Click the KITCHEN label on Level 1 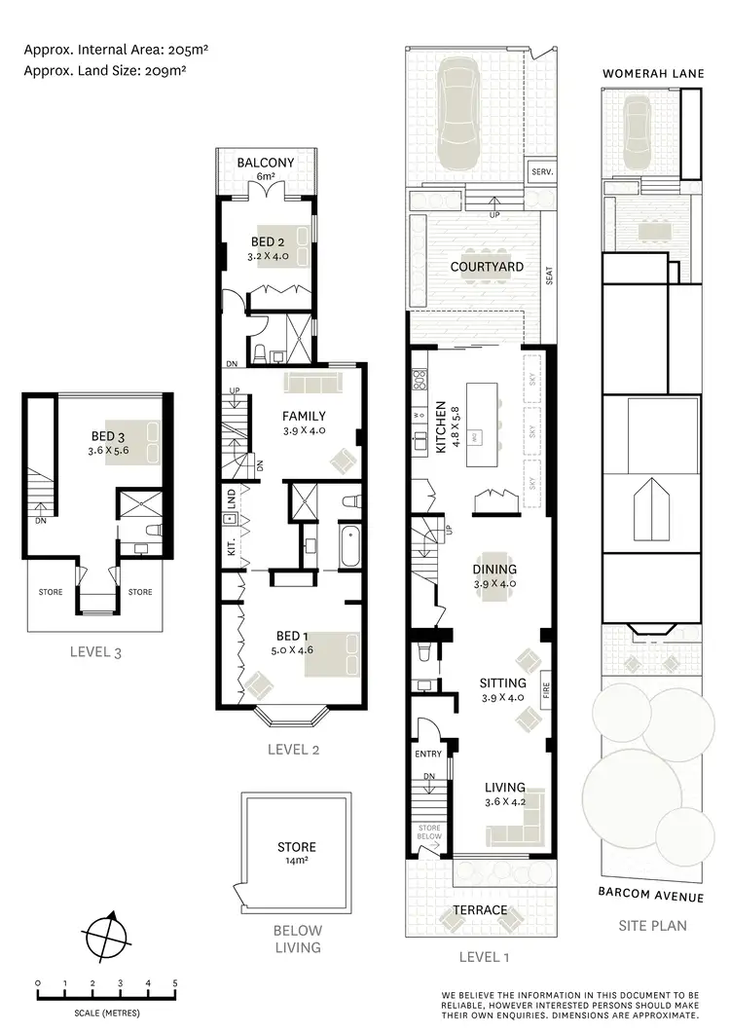click(x=440, y=427)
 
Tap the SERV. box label click(x=541, y=172)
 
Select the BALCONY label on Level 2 click(x=266, y=163)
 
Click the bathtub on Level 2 click(x=349, y=547)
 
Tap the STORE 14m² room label click(x=295, y=854)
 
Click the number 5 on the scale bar click(x=175, y=983)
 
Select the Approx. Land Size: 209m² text click(x=105, y=70)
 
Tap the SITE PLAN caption click(x=652, y=925)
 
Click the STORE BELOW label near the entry click(x=429, y=831)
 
